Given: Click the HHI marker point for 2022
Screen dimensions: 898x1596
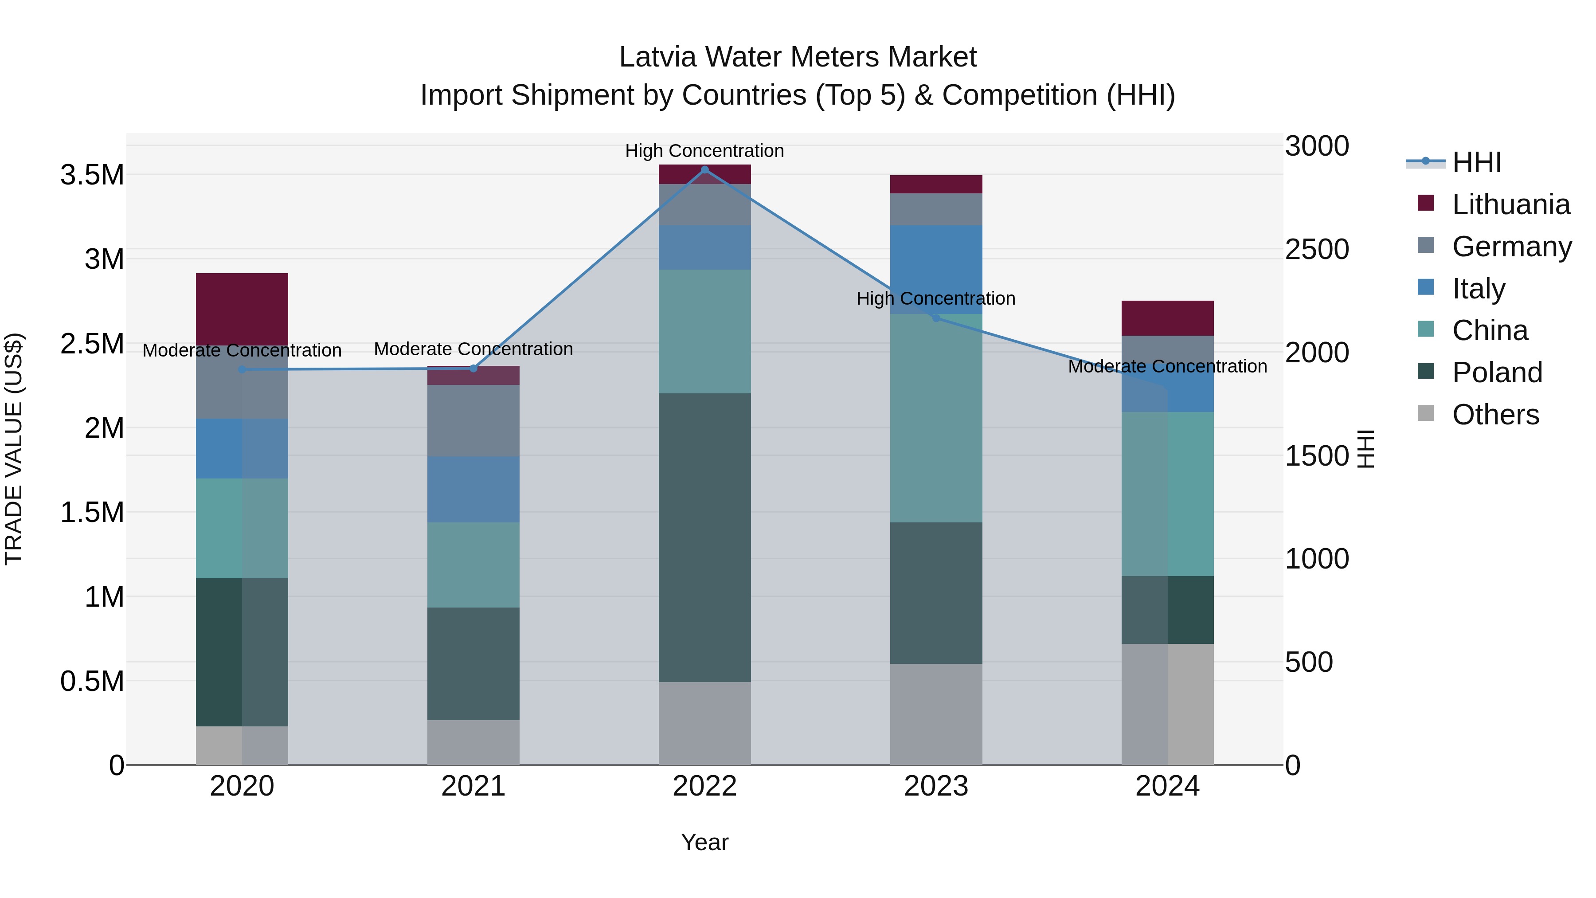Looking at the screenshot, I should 704,170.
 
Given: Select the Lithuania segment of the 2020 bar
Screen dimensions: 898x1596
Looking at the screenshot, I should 242,309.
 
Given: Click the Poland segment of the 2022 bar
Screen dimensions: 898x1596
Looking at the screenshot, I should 704,537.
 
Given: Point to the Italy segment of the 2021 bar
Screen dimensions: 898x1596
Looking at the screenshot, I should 473,489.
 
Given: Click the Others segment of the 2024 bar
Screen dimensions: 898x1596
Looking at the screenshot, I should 1167,704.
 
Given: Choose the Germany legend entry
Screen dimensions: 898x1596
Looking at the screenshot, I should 1511,246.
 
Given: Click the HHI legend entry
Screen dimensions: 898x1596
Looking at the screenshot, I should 1476,162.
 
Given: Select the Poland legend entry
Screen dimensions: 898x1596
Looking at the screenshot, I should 1496,373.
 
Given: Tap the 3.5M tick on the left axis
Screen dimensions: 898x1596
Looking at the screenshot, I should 92,175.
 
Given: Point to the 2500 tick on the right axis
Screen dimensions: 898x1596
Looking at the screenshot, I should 1317,249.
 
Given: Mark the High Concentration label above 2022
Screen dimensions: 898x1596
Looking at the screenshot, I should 704,151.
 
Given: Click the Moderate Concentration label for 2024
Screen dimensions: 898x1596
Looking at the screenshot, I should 1167,366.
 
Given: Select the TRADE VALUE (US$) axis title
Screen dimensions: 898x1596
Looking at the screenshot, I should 14,449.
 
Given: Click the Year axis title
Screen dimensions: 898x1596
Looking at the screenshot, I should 704,842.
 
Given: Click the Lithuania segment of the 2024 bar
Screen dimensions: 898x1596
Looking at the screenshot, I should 1167,318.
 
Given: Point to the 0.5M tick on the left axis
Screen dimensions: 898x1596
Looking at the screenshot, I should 92,681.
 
